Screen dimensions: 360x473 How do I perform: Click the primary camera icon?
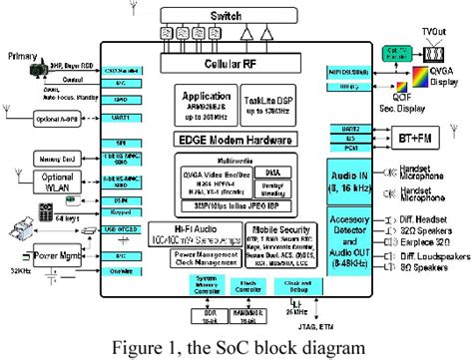[x=35, y=73]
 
